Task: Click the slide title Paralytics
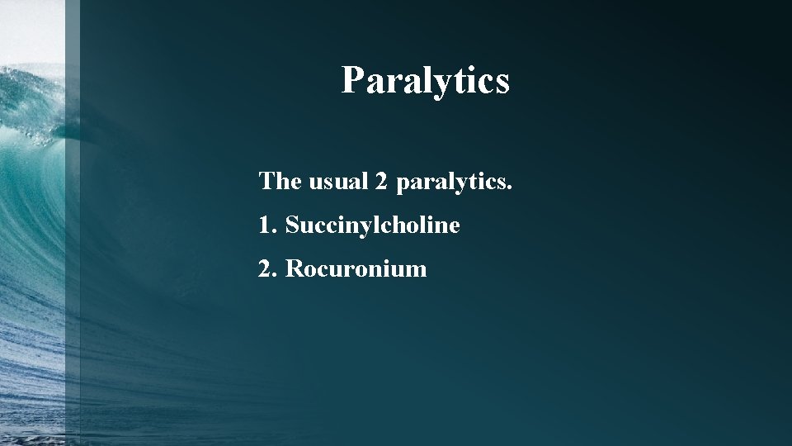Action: pos(426,81)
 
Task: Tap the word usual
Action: pos(338,181)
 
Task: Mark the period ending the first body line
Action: pos(510,187)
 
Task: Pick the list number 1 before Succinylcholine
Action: pos(264,225)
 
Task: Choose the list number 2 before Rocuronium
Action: pos(265,268)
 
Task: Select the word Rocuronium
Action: pos(356,268)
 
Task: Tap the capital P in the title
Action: pos(352,81)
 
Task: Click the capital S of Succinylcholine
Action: pos(292,225)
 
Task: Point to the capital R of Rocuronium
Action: pos(294,268)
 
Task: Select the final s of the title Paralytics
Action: pos(502,83)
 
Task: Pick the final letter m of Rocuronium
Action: pos(417,270)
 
